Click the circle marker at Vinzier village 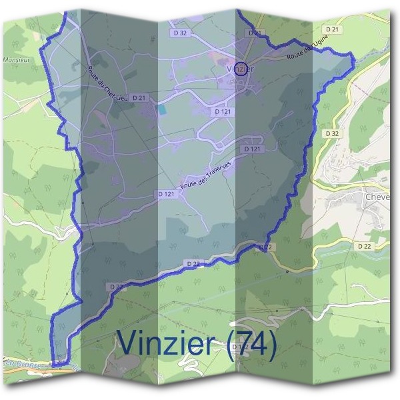(241, 67)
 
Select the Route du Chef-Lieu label (103, 83)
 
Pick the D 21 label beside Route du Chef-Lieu (139, 98)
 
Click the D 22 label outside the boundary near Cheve (364, 246)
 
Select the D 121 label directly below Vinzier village (223, 113)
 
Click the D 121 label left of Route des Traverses (167, 193)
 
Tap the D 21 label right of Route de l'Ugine (334, 28)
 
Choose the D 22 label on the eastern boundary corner (265, 247)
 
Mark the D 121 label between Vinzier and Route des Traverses (252, 149)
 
